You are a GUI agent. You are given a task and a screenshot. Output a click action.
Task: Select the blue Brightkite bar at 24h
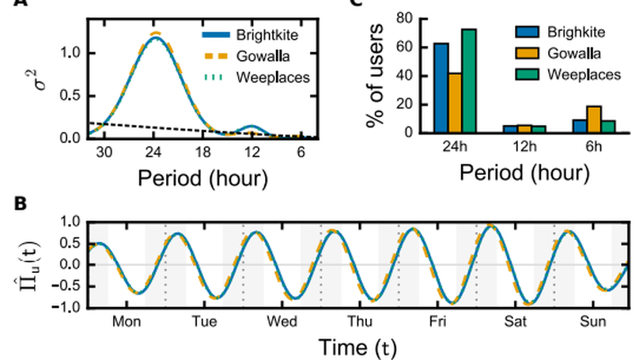tap(440, 88)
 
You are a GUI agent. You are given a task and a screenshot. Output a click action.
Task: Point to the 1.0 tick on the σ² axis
tap(72, 53)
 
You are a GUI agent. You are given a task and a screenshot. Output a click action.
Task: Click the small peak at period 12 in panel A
tap(251, 127)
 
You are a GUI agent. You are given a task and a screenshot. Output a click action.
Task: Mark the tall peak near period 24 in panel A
tap(155, 36)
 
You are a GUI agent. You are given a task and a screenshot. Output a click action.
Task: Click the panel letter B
tap(22, 203)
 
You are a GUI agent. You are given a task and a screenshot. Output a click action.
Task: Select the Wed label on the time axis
tap(282, 322)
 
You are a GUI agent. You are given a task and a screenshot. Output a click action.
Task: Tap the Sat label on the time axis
tap(516, 322)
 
